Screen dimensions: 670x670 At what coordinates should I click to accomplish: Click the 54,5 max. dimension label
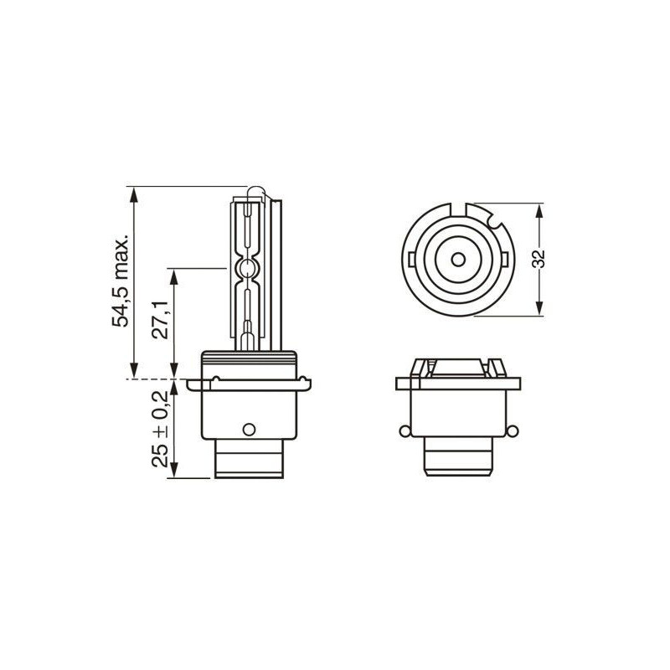click(x=120, y=280)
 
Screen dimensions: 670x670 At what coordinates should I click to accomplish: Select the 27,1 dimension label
click(x=160, y=319)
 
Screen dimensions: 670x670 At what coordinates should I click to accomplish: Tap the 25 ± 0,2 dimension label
click(x=160, y=429)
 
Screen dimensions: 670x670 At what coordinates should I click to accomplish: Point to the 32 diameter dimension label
click(x=539, y=259)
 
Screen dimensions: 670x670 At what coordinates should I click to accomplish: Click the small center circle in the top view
click(x=458, y=260)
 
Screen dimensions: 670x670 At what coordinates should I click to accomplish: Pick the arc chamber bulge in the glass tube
click(x=247, y=268)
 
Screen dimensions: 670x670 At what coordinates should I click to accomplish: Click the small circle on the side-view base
click(x=249, y=429)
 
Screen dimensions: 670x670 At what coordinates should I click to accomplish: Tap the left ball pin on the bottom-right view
click(x=405, y=430)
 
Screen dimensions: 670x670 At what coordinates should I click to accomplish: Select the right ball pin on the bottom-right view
click(x=513, y=430)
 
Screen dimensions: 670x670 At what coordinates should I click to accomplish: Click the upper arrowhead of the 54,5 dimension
click(x=134, y=195)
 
